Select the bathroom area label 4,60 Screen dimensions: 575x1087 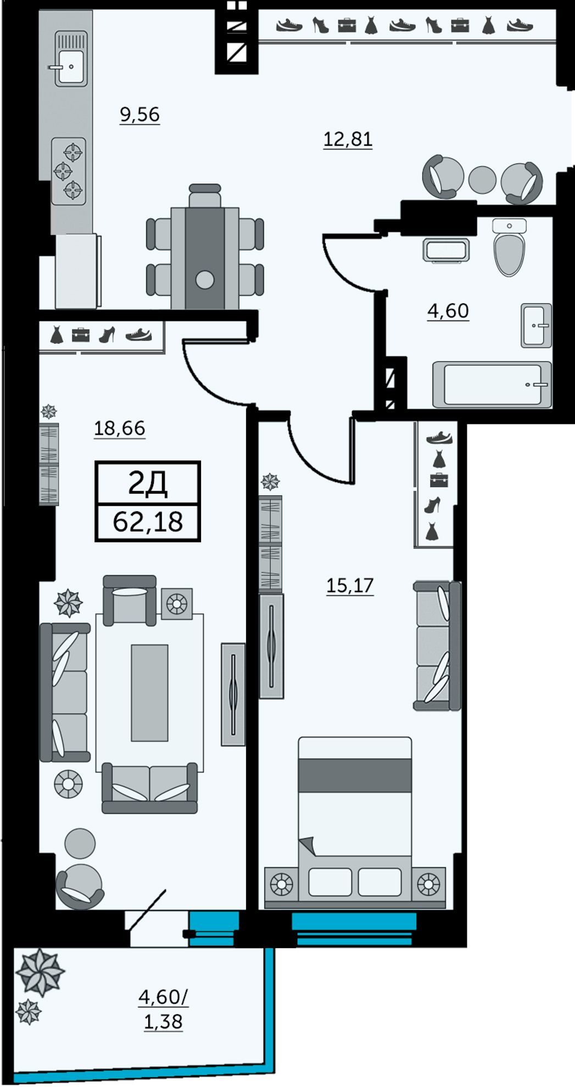[x=448, y=311]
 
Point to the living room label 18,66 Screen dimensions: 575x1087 [x=120, y=428]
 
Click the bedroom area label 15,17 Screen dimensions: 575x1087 [x=350, y=585]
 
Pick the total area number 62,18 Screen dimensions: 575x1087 [x=148, y=522]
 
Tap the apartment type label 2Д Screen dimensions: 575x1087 [x=147, y=483]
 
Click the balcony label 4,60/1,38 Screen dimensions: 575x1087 [x=163, y=1009]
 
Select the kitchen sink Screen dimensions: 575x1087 [x=71, y=59]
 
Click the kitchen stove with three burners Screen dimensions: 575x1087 [x=69, y=171]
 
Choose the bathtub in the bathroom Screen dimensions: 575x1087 [x=492, y=384]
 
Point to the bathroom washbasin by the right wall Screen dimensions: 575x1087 [x=536, y=325]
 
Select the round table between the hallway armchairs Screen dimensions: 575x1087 [x=483, y=180]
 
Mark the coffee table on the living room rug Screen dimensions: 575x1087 [x=149, y=692]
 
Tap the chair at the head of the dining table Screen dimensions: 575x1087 [x=205, y=195]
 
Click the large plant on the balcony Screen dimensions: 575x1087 [x=40, y=972]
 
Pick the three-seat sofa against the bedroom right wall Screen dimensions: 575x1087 [x=437, y=646]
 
